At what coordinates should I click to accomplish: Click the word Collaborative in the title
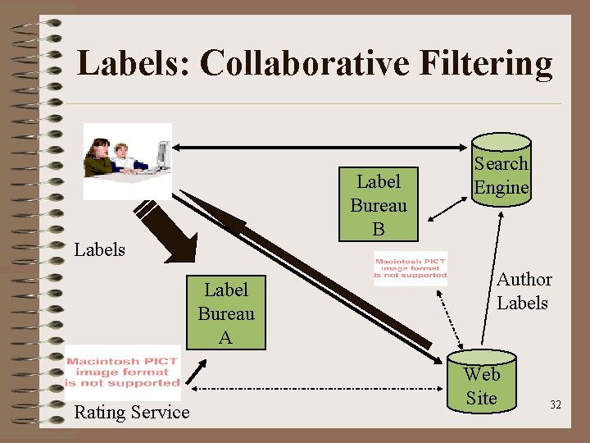point(311,62)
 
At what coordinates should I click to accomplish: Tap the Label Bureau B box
point(378,204)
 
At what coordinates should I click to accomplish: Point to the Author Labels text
point(523,291)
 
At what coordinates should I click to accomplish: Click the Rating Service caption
point(131,412)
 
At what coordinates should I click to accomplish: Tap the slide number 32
point(556,404)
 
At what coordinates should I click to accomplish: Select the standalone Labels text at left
point(99,249)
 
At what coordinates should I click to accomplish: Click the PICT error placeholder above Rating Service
point(123,372)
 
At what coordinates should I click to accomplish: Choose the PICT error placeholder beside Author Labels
point(411,269)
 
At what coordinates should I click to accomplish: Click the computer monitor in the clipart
point(163,153)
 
